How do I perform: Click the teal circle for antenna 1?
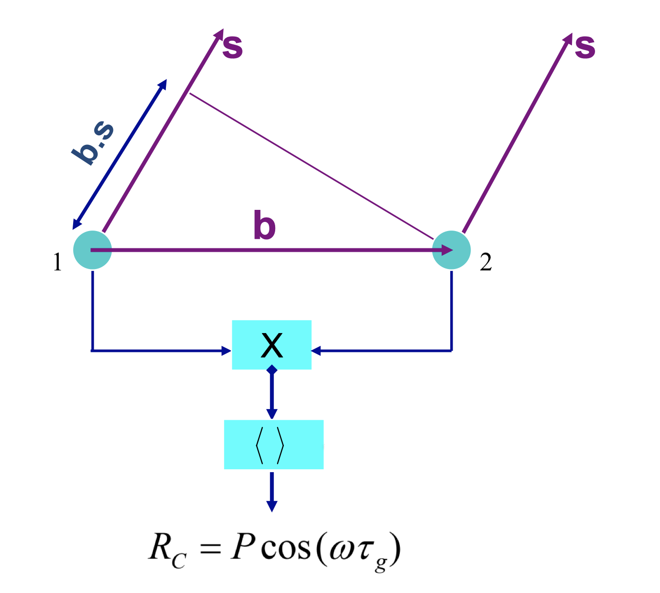coord(92,250)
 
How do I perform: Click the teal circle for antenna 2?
coord(451,250)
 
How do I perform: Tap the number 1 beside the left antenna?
coord(57,263)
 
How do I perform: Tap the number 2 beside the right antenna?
coord(486,263)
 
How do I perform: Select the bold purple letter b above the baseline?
coord(265,225)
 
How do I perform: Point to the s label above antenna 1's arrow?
coord(232,47)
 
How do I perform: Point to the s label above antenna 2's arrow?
coord(585,47)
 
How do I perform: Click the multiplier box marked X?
coord(272,345)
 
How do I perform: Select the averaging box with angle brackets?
coord(274,444)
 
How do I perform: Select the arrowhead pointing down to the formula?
coord(272,505)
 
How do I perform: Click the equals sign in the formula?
coord(210,549)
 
